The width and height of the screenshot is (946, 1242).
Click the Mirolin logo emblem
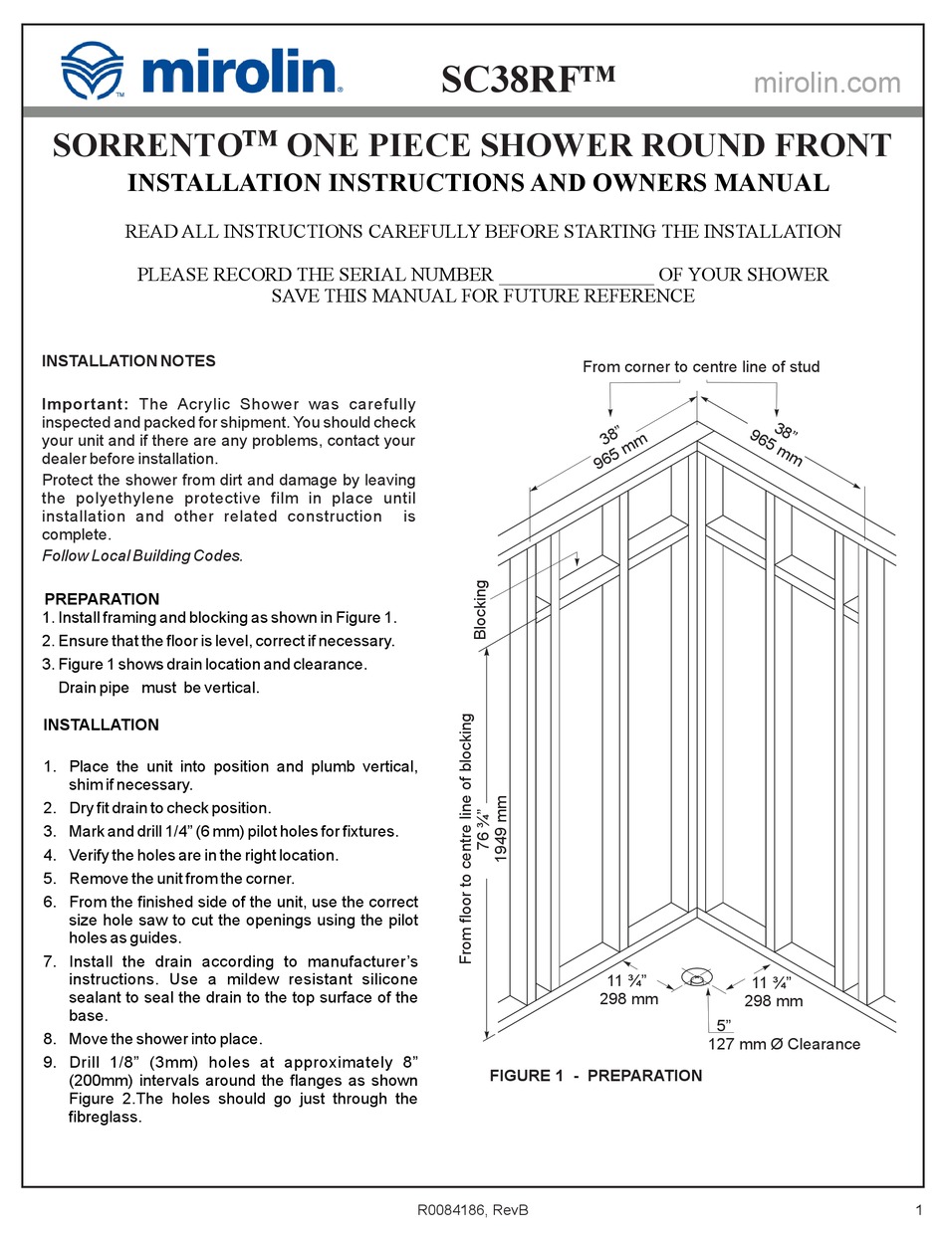(91, 70)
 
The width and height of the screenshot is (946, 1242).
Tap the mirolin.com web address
(827, 83)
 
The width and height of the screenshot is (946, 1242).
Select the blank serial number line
(576, 275)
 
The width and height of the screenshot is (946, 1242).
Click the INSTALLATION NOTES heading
(128, 361)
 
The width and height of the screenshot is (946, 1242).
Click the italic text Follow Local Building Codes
(141, 555)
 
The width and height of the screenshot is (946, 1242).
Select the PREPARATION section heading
(102, 599)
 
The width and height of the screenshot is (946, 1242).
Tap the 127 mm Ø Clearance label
(784, 1044)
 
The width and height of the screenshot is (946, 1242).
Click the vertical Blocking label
(481, 609)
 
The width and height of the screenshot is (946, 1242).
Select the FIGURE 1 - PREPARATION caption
(595, 1075)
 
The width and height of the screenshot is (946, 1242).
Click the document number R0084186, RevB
(472, 1210)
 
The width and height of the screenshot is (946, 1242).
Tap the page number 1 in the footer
(916, 1210)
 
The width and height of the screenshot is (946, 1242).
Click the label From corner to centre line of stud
(701, 367)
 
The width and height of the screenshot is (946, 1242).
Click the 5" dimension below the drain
(724, 1025)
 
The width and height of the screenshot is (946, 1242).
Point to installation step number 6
(50, 902)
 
